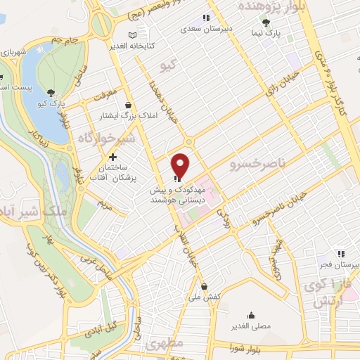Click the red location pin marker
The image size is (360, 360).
[181, 165]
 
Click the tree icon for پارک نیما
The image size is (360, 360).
[266, 22]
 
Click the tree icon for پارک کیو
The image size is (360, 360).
[51, 92]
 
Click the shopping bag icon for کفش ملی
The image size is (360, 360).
[204, 286]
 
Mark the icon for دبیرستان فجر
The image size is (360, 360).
[340, 253]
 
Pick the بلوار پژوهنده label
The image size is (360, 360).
[271, 6]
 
